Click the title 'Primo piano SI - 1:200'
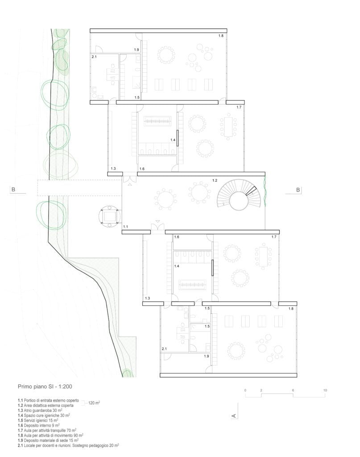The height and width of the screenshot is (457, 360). tap(45, 386)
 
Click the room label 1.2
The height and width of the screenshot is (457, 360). tap(215, 180)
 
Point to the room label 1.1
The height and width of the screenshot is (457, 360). tap(125, 226)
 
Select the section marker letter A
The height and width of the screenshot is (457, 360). tap(233, 415)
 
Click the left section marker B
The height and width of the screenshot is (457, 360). tap(13, 190)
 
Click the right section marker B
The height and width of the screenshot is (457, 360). tap(298, 190)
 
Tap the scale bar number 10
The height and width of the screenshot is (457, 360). tap(325, 390)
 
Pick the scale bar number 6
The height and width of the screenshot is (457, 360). tap(293, 390)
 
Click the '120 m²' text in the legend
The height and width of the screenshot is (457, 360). tap(94, 403)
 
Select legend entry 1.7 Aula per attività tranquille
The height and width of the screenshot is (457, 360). tap(47, 430)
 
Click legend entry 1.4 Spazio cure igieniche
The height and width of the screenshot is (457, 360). tap(44, 415)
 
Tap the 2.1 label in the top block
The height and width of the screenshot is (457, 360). tap(94, 57)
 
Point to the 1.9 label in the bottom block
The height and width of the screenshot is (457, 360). tap(207, 356)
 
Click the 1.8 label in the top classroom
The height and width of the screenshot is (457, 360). tap(221, 36)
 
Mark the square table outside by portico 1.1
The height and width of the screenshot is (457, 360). tap(109, 216)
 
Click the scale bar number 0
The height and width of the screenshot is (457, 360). tap(245, 390)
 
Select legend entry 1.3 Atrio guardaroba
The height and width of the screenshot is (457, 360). tap(40, 410)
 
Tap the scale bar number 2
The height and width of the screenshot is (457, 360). tap(261, 390)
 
